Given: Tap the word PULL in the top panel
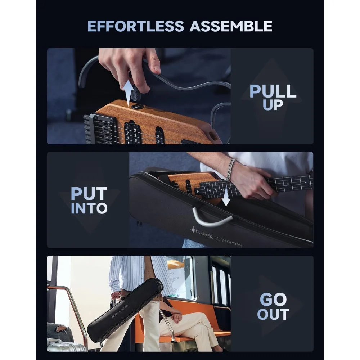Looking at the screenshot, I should coord(273,91).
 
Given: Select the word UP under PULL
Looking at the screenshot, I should coord(273,105).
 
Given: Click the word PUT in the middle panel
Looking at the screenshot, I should coord(89,194).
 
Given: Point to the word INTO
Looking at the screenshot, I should coord(89,208).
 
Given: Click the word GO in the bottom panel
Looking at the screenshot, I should coord(273,300).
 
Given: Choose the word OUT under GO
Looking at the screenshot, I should coord(273,314).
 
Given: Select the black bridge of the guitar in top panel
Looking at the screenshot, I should coord(95,129).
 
